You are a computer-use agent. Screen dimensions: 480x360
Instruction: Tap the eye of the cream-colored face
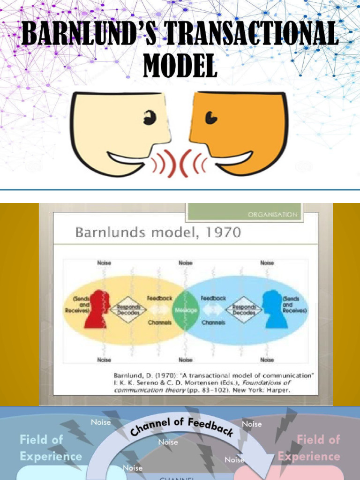[150, 118]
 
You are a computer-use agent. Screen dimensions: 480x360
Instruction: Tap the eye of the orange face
[210, 118]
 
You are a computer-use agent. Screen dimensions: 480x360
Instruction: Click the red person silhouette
[97, 309]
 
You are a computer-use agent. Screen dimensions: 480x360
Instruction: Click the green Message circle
[186, 310]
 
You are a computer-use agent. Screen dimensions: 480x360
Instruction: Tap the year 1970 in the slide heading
[222, 232]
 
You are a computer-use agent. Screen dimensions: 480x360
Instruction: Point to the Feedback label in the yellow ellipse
[160, 298]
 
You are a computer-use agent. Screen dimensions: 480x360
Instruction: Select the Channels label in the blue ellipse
[213, 322]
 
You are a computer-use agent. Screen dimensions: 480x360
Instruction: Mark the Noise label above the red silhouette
[104, 263]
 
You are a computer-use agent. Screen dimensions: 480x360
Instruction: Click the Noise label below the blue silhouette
[267, 360]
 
